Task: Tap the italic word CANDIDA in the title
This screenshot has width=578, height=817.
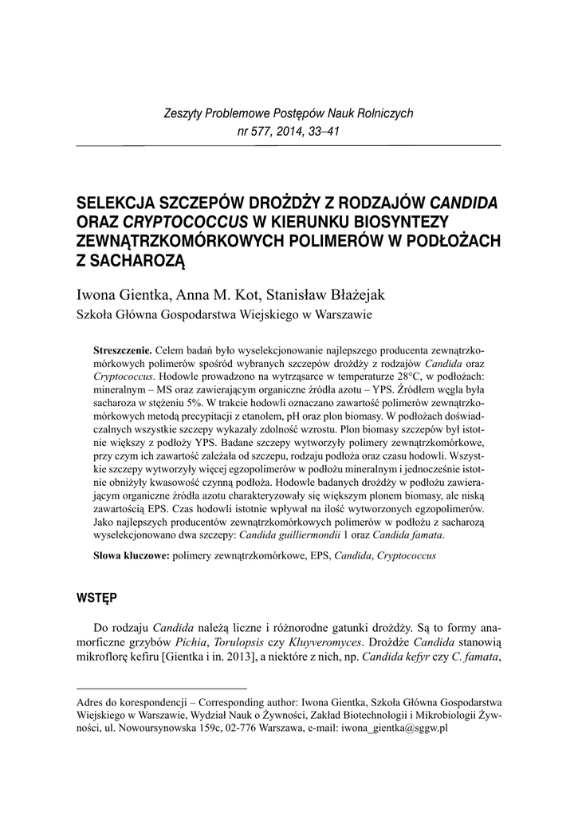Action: click(x=463, y=200)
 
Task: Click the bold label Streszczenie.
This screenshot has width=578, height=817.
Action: click(x=124, y=350)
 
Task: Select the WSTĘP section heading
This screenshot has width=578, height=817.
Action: click(x=96, y=597)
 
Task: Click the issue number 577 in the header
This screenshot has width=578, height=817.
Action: click(x=260, y=132)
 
